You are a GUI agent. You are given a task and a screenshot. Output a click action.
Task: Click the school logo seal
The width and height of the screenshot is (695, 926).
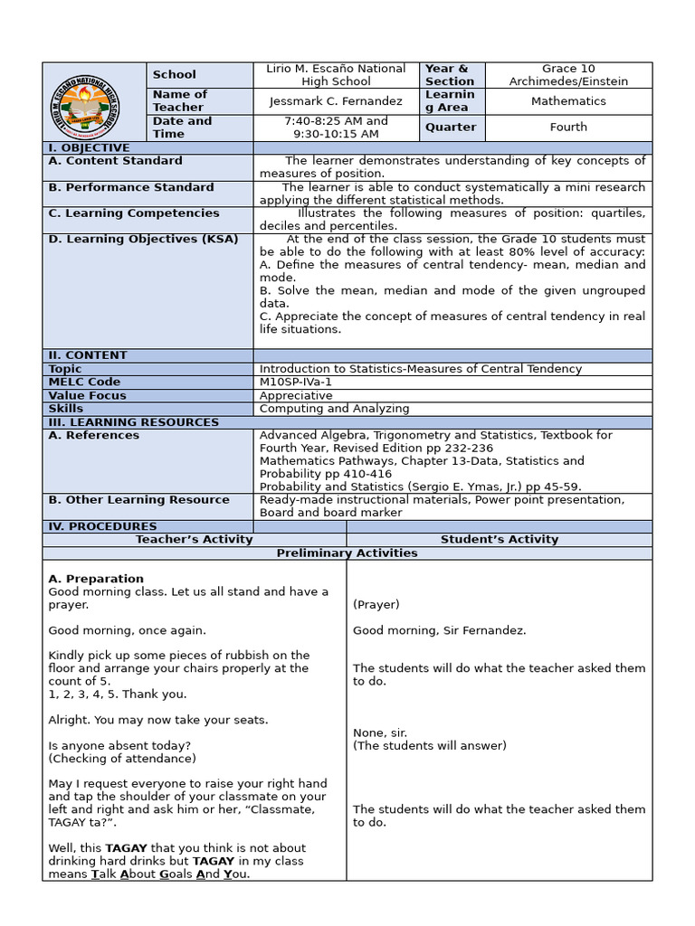94,101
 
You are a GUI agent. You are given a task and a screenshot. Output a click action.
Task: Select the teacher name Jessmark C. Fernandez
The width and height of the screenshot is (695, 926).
336,101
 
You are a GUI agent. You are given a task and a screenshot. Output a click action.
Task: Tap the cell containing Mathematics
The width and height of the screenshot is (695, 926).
568,101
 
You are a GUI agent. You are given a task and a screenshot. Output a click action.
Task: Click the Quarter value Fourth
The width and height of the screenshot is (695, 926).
568,128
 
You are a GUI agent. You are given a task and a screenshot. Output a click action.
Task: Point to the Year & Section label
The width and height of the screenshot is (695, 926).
450,75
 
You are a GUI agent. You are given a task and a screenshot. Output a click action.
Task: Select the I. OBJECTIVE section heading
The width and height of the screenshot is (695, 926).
89,147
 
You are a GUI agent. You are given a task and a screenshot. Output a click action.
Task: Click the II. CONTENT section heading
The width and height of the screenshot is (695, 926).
88,355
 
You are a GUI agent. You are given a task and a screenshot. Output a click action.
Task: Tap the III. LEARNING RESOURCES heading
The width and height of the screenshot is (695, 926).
133,422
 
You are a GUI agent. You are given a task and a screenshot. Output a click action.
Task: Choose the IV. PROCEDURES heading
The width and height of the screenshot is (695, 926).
102,526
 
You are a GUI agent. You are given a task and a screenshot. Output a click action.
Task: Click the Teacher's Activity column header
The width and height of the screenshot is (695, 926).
195,540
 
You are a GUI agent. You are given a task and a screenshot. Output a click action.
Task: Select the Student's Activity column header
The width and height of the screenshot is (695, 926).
500,540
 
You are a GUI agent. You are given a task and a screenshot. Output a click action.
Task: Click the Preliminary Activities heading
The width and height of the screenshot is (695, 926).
347,553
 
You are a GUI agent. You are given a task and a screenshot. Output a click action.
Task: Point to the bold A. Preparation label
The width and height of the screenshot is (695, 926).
96,579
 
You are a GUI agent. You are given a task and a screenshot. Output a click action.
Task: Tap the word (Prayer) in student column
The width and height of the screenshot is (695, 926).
376,605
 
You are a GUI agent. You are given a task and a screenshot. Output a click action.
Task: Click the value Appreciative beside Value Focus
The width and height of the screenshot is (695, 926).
296,396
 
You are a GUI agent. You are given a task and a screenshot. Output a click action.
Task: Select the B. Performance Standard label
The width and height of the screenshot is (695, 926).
131,187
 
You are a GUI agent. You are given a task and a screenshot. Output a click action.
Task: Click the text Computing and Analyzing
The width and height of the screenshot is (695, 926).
334,409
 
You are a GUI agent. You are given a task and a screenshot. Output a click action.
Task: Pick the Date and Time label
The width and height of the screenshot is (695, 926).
182,128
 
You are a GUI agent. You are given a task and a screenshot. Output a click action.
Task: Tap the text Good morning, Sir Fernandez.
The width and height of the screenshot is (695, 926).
439,631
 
